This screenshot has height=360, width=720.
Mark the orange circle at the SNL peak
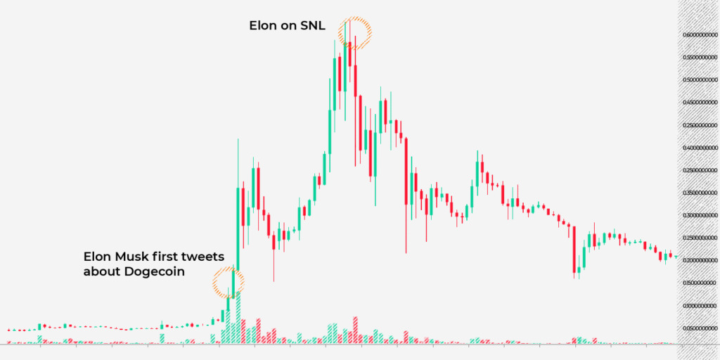(354, 32)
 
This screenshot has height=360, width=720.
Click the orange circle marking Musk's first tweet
(229, 282)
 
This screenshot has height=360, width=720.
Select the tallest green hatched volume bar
(238, 316)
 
